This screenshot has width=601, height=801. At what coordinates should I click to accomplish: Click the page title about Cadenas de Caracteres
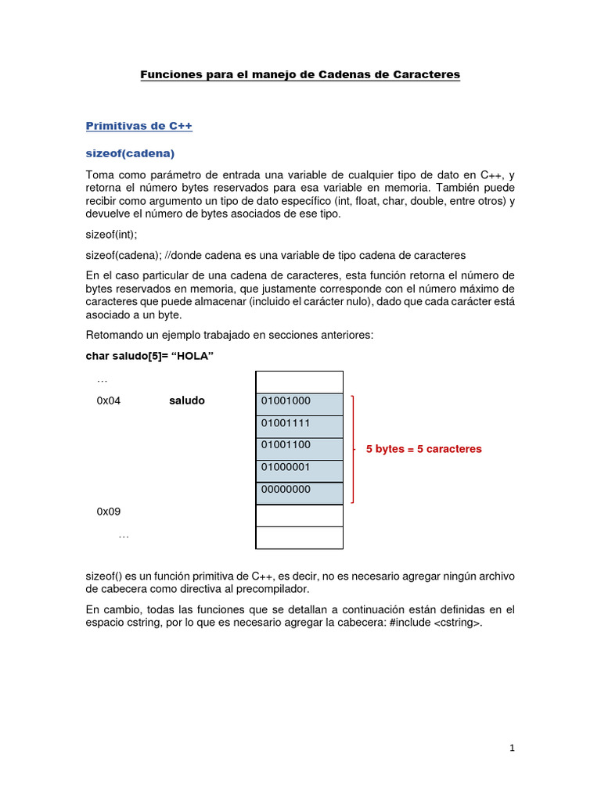coord(300,74)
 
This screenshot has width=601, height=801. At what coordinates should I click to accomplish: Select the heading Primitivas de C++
coord(139,125)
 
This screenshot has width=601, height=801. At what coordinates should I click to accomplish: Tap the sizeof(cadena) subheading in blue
coord(129,153)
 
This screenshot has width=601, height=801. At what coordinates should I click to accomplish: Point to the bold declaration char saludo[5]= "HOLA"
coord(149,356)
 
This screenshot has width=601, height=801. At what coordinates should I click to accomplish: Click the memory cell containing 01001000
coord(299,401)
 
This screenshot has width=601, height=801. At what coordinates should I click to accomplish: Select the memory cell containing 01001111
coord(299,424)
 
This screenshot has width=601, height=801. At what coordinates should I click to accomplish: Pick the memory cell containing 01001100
coord(299,446)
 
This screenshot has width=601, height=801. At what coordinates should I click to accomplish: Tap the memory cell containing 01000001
coord(299,469)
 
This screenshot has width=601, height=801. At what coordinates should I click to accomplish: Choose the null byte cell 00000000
coord(299,490)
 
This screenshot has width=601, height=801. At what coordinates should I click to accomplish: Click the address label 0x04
coord(109,401)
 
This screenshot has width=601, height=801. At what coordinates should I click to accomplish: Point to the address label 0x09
coord(109,512)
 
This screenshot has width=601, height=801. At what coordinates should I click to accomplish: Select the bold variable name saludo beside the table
coord(186,401)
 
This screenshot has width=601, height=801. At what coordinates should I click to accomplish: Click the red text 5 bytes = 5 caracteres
coord(423,450)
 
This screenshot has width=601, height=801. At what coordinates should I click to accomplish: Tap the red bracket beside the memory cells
coord(354,449)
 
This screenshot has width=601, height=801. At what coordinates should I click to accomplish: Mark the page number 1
coord(512,749)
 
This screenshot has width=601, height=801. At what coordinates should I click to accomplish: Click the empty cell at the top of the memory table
coord(299,382)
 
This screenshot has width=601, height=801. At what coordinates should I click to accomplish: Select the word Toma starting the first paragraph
coord(99,174)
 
